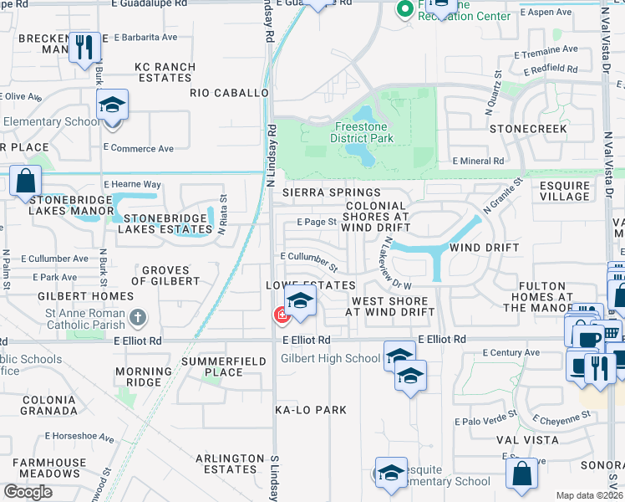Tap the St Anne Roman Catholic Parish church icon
click(139, 318)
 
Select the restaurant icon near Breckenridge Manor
click(84, 47)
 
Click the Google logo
click(28, 491)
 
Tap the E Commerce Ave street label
click(138, 148)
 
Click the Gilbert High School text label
click(330, 358)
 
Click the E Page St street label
click(316, 223)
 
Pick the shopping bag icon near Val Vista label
click(521, 473)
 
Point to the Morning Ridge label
click(138, 376)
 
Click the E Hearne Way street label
click(132, 184)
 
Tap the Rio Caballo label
click(228, 93)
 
